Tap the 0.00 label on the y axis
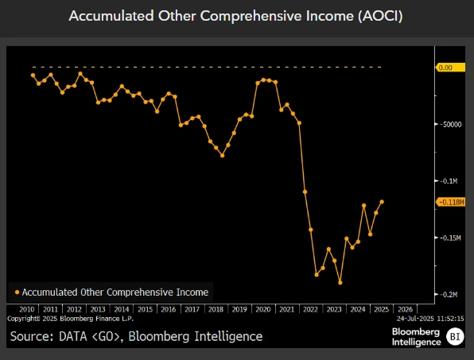coord(445,68)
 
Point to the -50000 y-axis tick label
coord(449,125)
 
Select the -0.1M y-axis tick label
coord(449,181)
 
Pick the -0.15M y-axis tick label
coord(449,238)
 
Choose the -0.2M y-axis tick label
coord(449,294)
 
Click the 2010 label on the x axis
coord(26,309)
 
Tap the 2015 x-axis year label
coord(145,309)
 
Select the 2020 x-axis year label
coord(262,309)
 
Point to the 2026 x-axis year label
coord(404,309)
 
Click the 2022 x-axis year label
coord(309,309)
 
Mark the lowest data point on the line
coord(340,282)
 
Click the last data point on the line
coord(383,202)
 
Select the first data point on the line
coord(33,75)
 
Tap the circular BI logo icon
coord(456,336)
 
